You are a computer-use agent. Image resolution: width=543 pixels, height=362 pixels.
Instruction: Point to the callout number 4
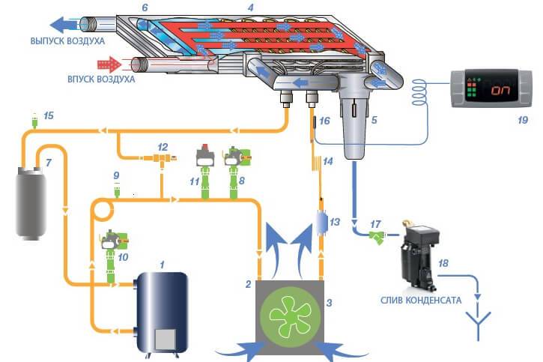tap(250, 7)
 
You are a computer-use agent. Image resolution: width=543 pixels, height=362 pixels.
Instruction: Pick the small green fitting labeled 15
tap(33, 118)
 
